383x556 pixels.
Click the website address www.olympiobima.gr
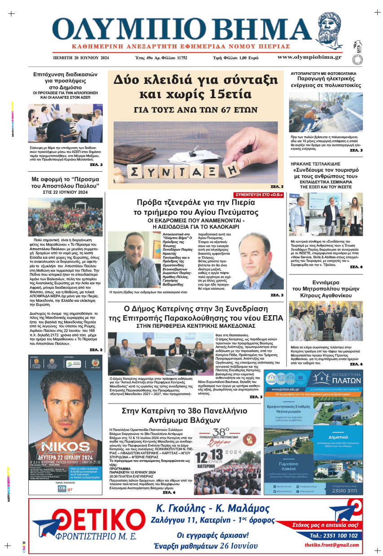(309, 57)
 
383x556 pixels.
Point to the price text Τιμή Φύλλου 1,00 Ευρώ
(235, 58)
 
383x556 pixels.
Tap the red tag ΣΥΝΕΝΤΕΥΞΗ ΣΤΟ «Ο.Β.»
(259, 194)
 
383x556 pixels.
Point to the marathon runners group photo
(65, 217)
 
